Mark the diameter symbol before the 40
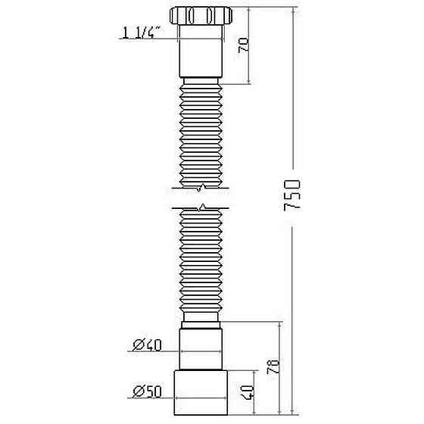(136, 345)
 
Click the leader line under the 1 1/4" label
(151, 39)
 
